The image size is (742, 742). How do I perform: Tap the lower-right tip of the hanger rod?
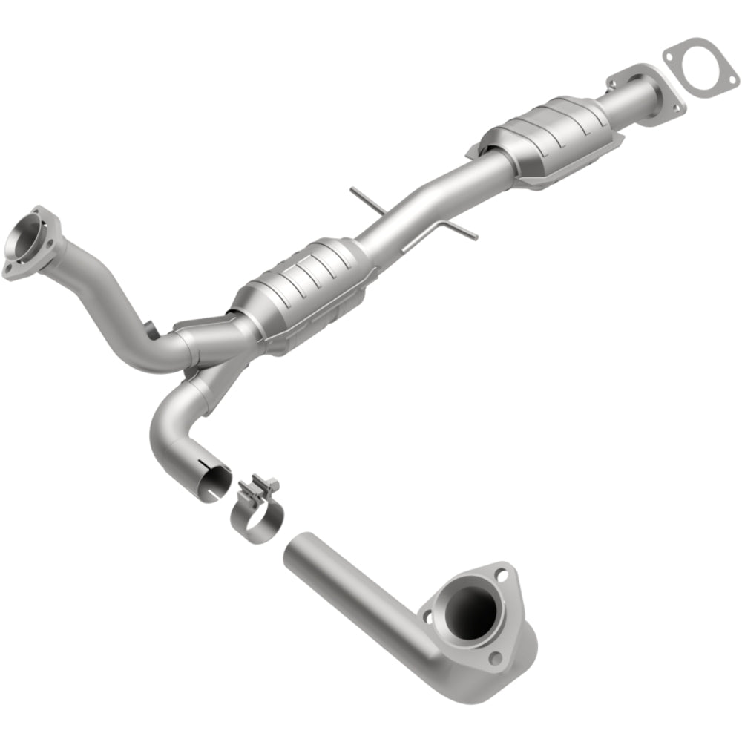[x=474, y=237]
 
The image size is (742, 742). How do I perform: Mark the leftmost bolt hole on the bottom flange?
[x=427, y=617]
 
